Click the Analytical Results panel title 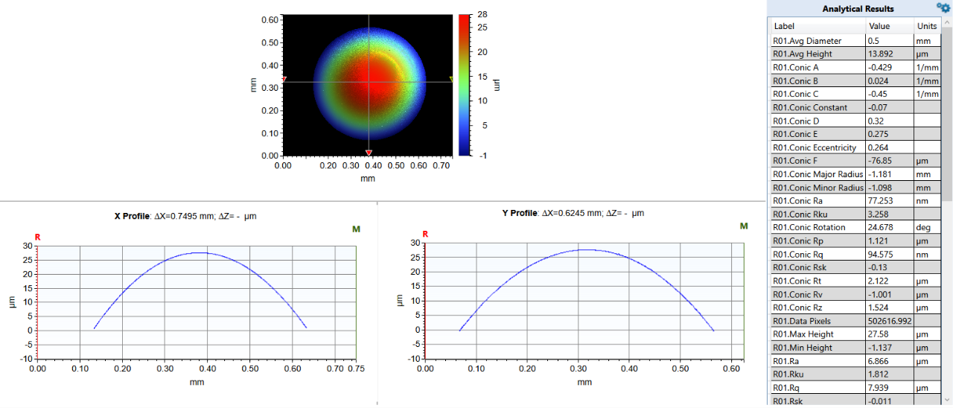click(858, 9)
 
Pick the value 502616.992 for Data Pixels click(890, 321)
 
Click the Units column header click(927, 26)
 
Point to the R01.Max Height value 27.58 click(879, 334)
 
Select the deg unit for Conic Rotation click(923, 227)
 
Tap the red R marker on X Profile click(37, 237)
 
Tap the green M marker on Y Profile click(744, 226)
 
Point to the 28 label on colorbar click(482, 15)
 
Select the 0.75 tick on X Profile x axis click(357, 368)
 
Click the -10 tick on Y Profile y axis click(414, 359)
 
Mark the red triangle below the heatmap click(369, 153)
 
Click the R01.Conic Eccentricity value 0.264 click(880, 147)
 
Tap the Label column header click(785, 26)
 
